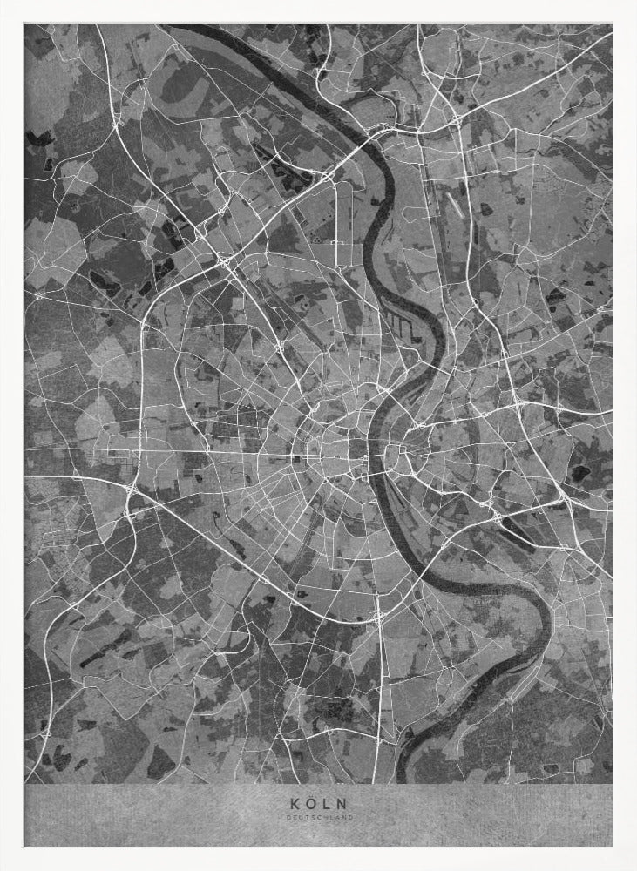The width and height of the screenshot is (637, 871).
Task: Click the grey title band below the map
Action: [174, 814]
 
